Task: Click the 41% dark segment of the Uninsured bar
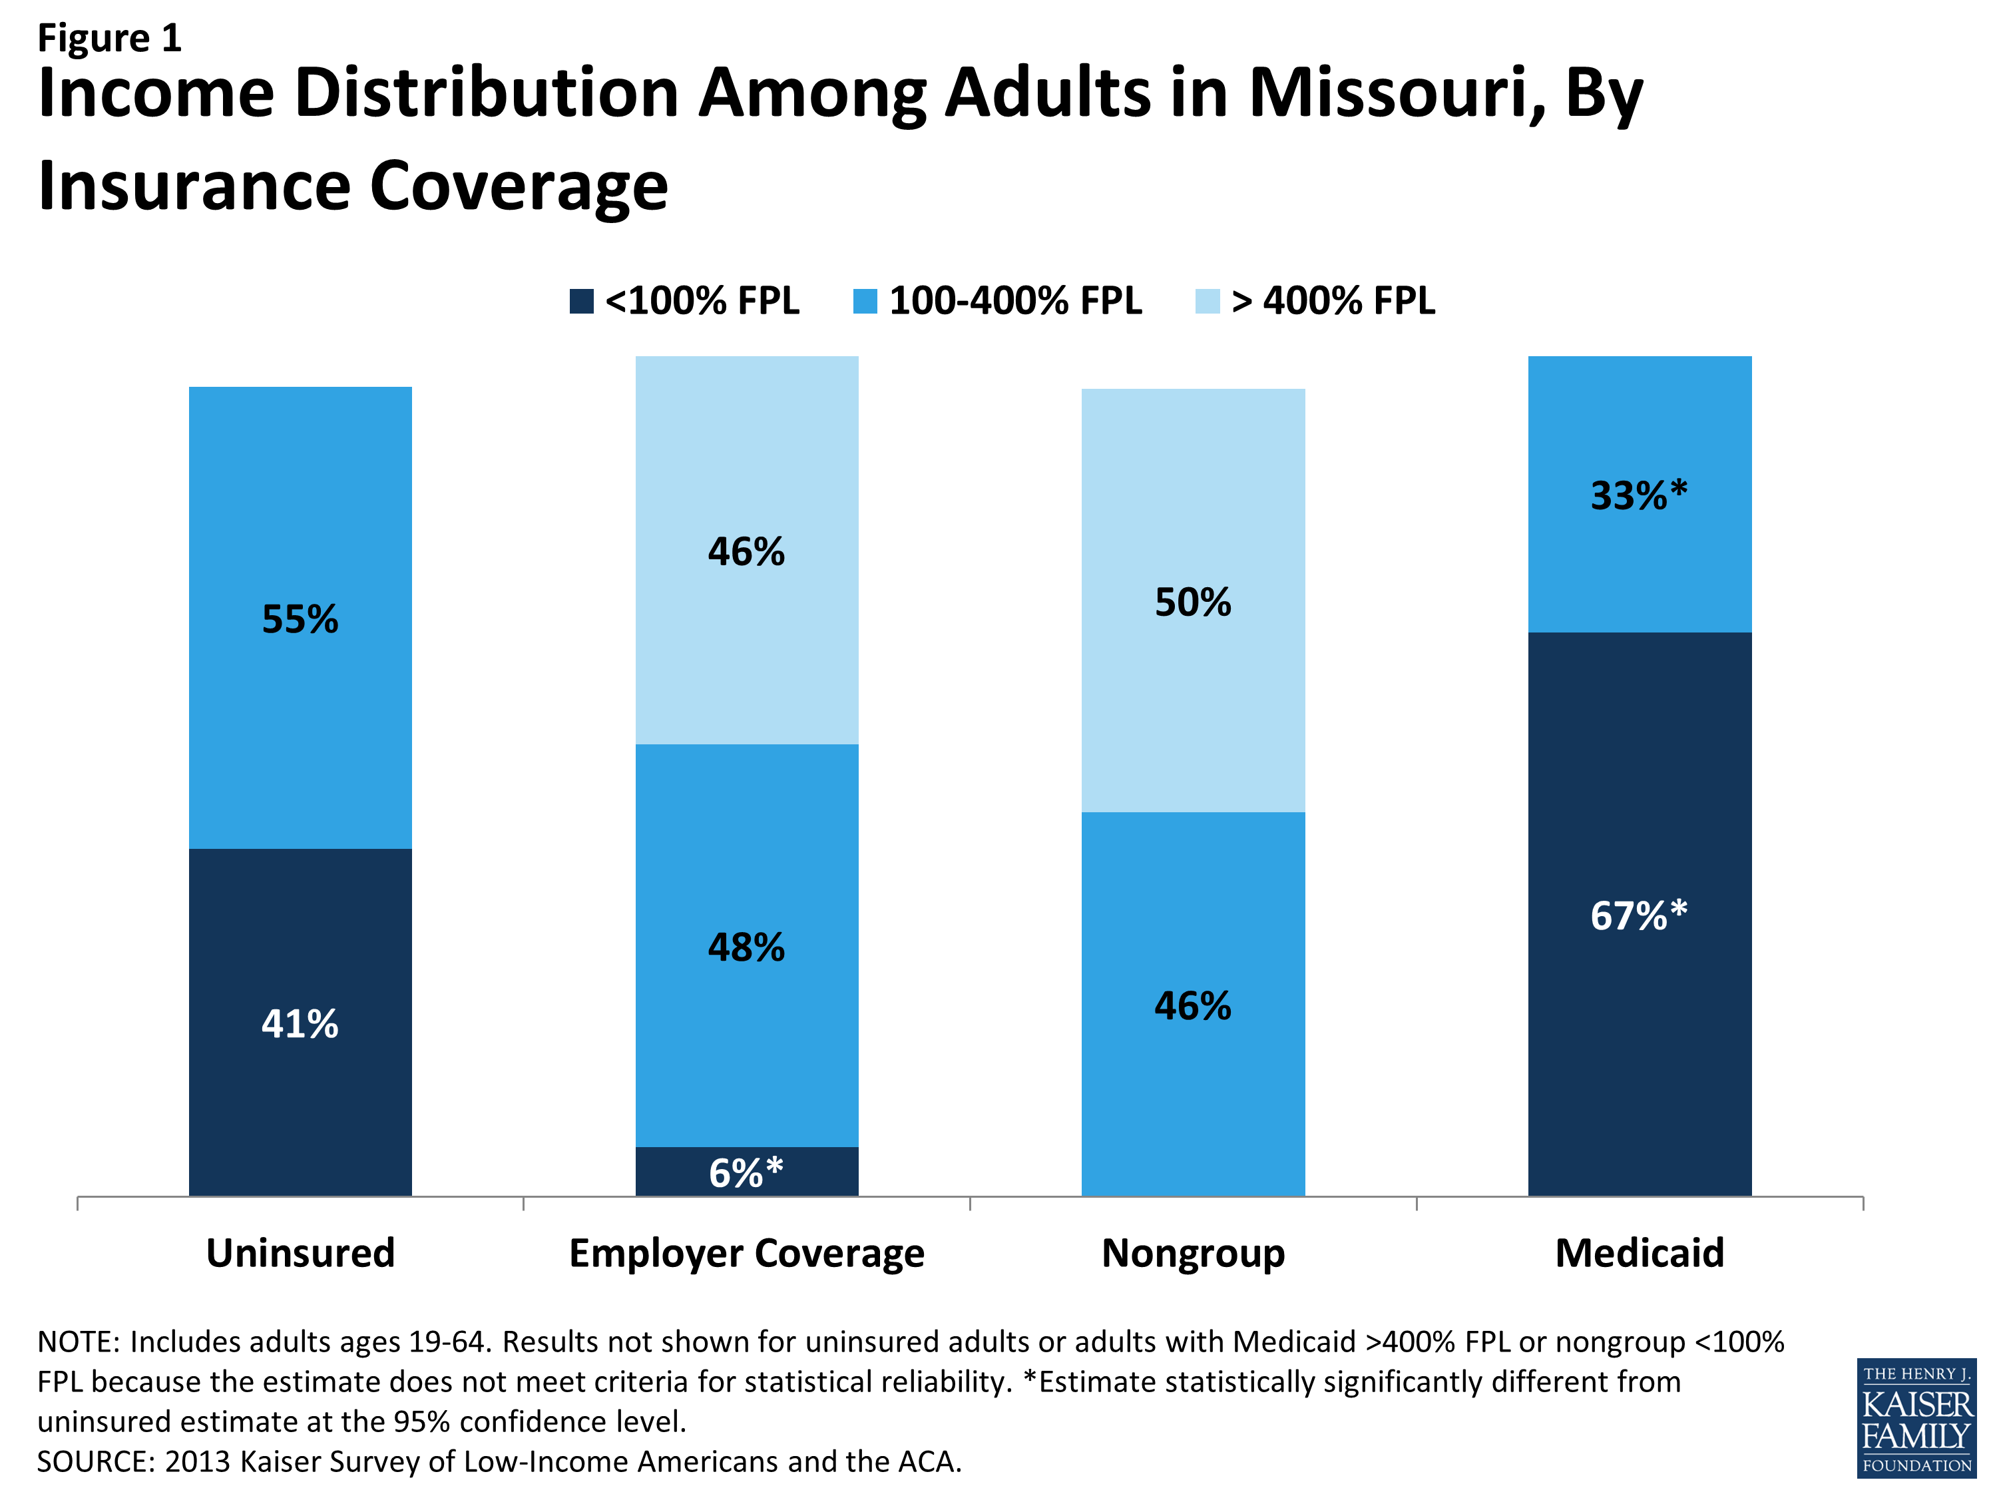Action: click(300, 1021)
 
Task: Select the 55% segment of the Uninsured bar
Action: click(300, 618)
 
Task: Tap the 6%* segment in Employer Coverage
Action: click(747, 1171)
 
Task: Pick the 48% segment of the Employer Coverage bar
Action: click(747, 945)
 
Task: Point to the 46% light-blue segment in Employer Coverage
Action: click(747, 550)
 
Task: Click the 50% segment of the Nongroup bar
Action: click(1193, 601)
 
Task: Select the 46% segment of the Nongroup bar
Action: click(1193, 1004)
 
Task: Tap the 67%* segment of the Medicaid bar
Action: click(1640, 914)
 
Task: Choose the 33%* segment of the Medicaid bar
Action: click(1640, 494)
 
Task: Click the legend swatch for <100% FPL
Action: click(581, 301)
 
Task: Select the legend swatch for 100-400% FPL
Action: click(865, 301)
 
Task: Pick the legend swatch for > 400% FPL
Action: click(1207, 301)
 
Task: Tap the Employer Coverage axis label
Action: click(747, 1252)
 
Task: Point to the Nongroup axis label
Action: click(1193, 1252)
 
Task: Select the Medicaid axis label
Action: click(1640, 1252)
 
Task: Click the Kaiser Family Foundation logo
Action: click(1916, 1417)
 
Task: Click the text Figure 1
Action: click(109, 38)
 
